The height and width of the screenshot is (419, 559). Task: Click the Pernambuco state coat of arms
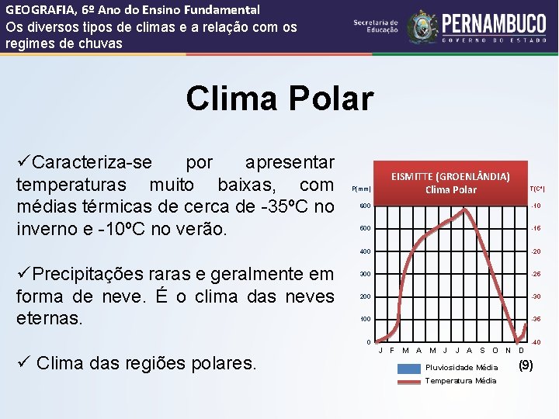coord(422,26)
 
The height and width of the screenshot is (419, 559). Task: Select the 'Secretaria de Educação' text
coord(375,26)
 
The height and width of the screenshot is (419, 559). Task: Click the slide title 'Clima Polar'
coord(279,99)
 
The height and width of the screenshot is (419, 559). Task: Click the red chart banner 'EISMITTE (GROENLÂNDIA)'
coord(450,182)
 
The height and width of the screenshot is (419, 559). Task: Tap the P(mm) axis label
coord(362,189)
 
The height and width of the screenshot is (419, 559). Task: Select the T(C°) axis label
coord(536,189)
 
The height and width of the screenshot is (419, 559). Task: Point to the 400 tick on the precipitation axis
coord(365,251)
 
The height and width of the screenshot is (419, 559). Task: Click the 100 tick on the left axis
coord(365,320)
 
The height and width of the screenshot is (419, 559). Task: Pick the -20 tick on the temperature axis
coord(536,251)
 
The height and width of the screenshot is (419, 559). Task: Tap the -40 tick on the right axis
coord(536,343)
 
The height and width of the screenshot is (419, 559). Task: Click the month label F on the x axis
coord(392,351)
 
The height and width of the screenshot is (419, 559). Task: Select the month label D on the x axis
coord(520,351)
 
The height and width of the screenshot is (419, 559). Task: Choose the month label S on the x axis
coord(482,351)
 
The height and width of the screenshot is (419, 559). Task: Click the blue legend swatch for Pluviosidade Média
coord(408,369)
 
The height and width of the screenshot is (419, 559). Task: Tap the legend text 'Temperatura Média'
coord(461,381)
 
